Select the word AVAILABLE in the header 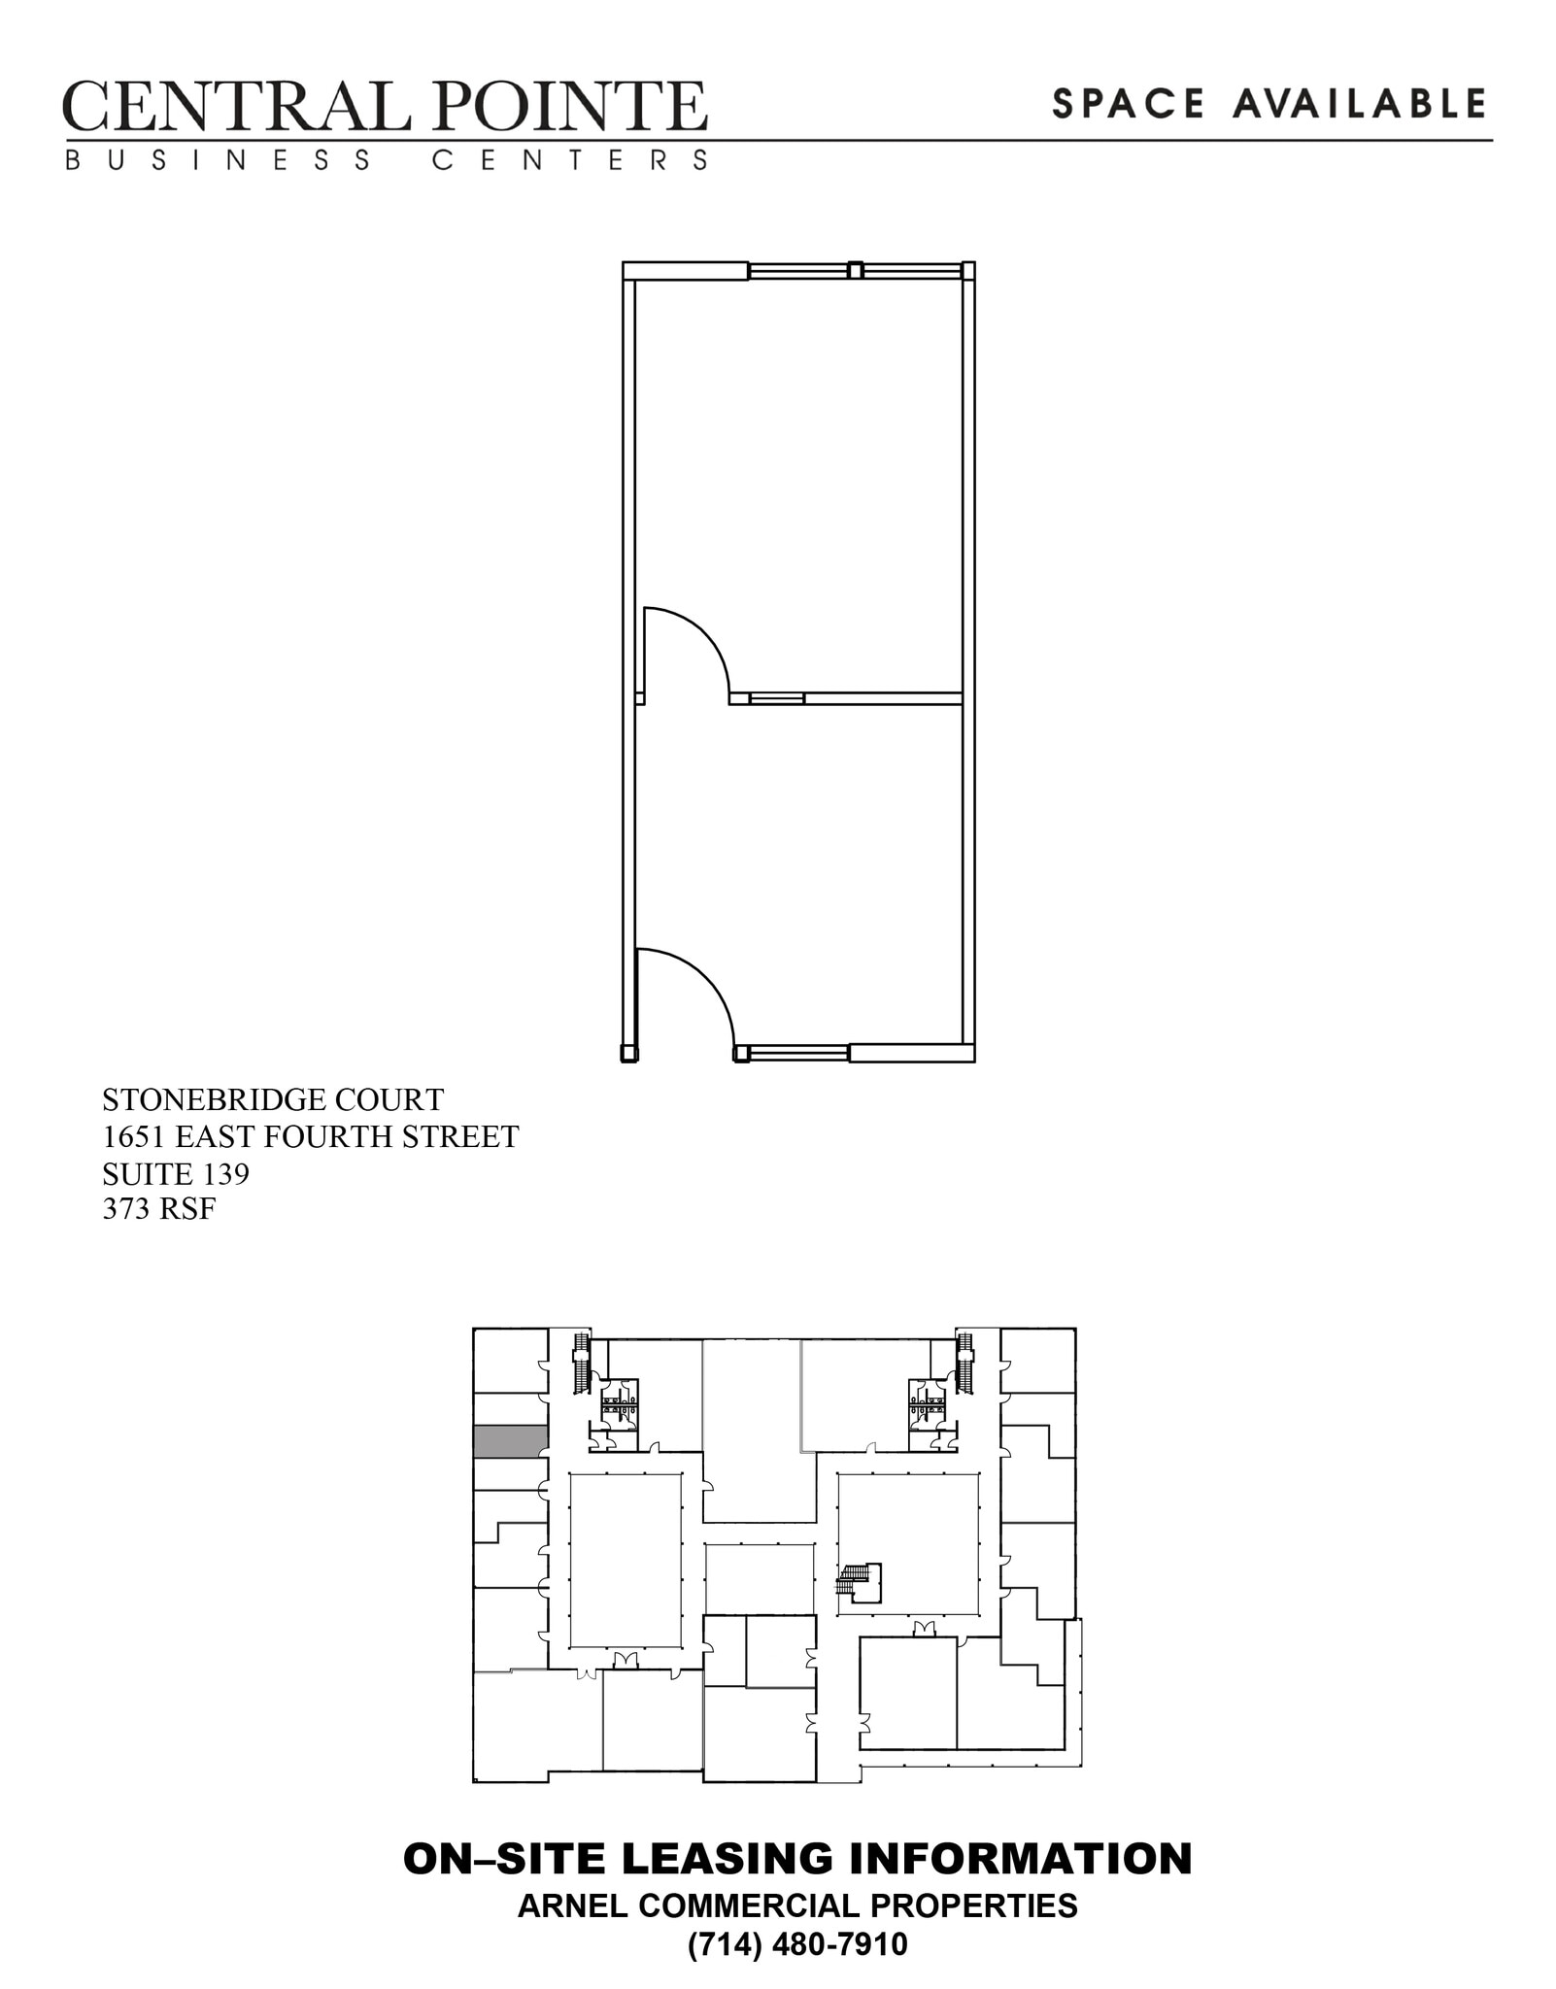point(1360,104)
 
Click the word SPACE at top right point(1129,104)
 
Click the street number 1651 point(134,1136)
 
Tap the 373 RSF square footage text point(158,1209)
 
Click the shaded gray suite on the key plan point(510,1441)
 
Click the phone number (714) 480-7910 point(797,1945)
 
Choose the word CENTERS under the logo point(570,160)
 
